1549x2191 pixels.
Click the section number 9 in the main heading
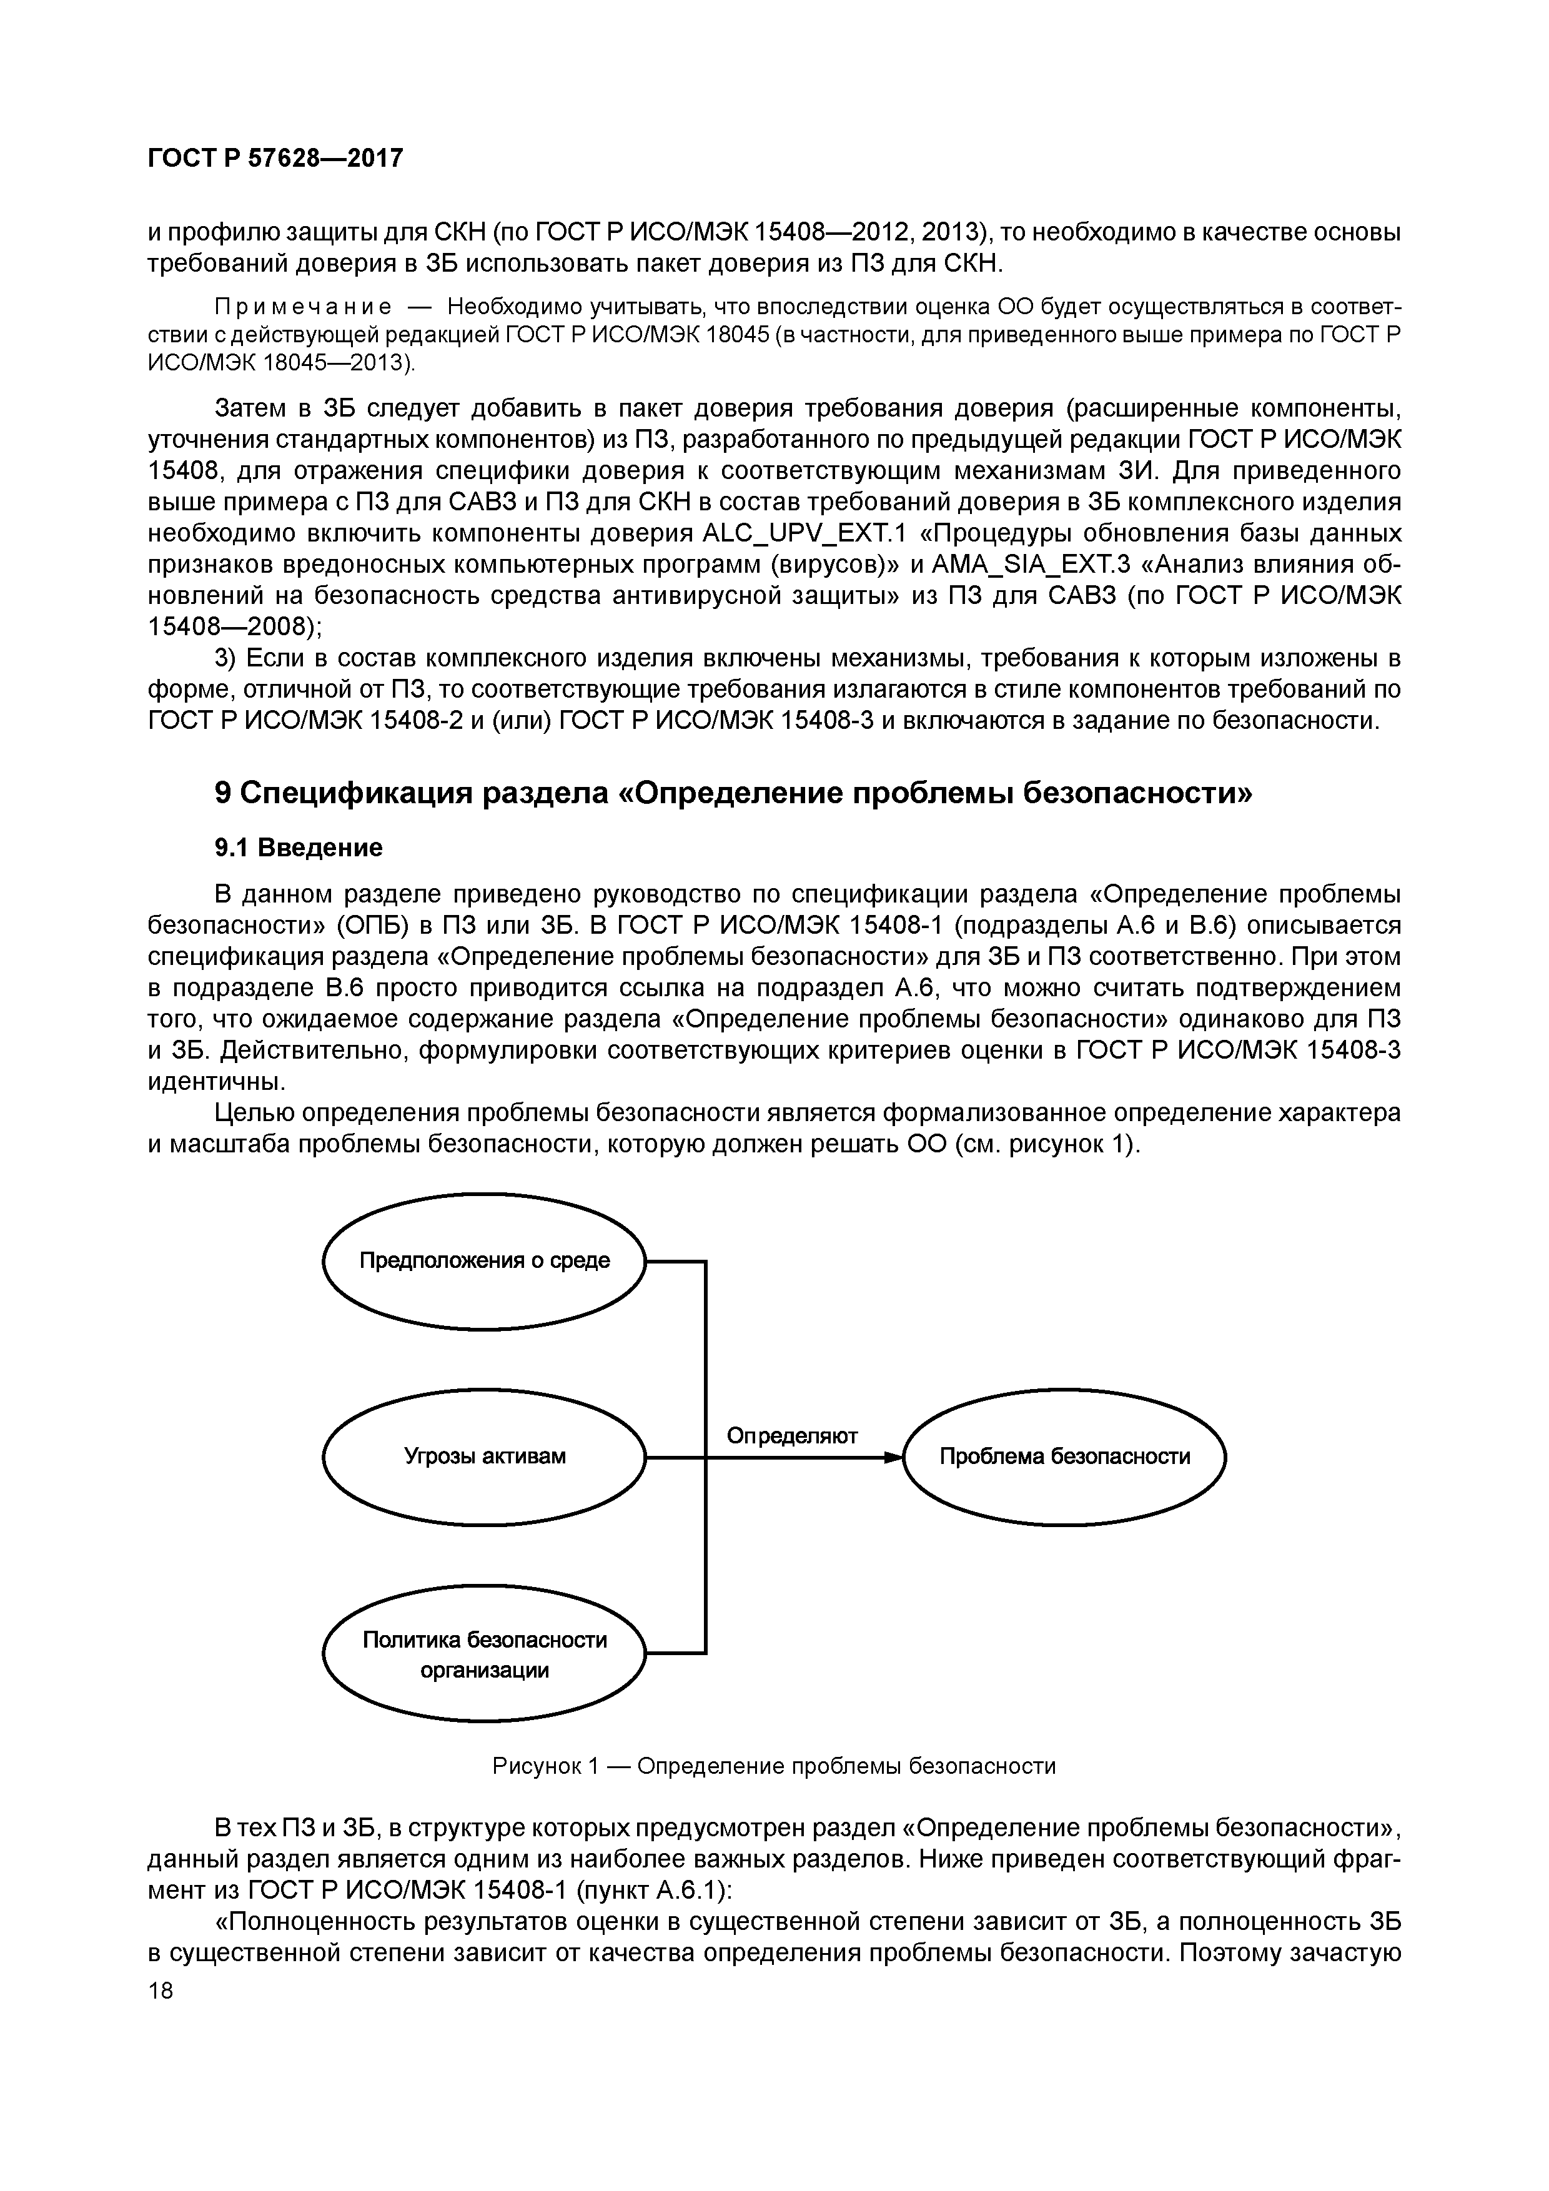pyautogui.click(x=222, y=793)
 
